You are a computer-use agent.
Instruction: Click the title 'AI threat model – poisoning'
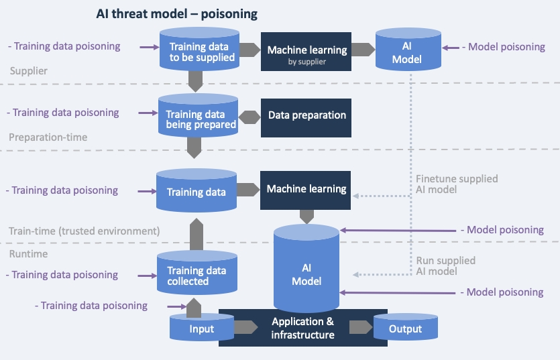(177, 13)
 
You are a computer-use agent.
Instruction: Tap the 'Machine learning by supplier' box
(307, 52)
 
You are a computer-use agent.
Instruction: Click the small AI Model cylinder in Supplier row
(407, 52)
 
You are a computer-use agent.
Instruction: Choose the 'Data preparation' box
(307, 115)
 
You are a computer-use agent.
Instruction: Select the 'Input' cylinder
(202, 328)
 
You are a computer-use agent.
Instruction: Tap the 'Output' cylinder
(406, 328)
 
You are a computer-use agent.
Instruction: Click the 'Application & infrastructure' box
(303, 328)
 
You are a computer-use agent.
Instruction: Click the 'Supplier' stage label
(29, 70)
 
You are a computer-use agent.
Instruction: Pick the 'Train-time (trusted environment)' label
(84, 231)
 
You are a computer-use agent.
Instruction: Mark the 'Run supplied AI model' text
(445, 265)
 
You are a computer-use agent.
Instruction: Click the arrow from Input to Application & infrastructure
(245, 327)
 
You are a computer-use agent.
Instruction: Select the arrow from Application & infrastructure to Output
(361, 327)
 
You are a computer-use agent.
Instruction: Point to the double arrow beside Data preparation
(250, 116)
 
